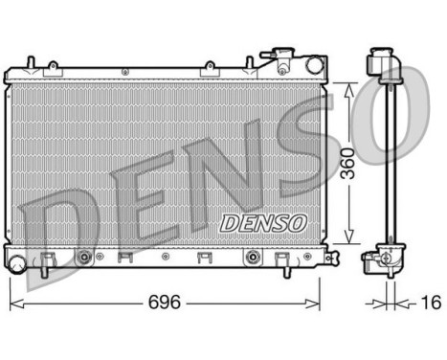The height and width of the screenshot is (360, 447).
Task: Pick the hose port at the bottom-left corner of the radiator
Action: coord(17,259)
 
